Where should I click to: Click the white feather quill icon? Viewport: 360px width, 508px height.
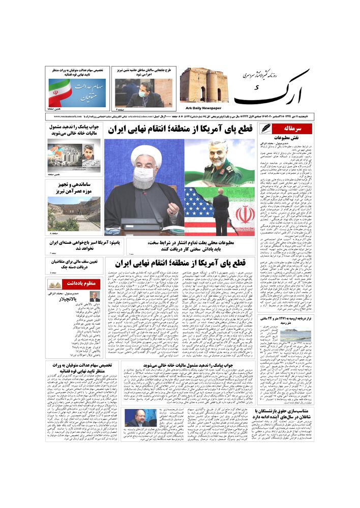click(266, 129)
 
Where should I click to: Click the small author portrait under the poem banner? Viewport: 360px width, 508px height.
click(95, 296)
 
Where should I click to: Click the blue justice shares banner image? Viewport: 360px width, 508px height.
click(77, 92)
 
